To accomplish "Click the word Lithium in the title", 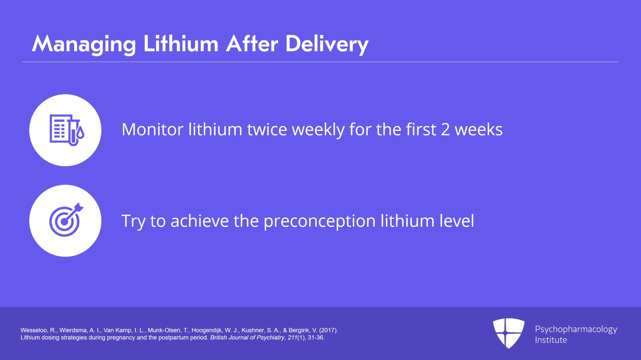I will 181,44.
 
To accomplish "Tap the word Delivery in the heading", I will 327,44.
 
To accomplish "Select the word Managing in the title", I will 84,44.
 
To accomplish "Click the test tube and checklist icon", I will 66,130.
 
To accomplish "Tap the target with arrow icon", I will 66,220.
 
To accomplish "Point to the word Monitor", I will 153,130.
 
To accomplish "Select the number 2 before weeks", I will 445,130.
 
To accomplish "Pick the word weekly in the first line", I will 318,130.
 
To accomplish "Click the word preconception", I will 320,221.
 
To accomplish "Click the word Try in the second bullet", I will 133,221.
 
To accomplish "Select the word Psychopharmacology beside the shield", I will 576,329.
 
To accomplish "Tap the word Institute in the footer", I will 551,340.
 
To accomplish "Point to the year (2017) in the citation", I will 329,330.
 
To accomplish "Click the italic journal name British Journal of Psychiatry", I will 247,338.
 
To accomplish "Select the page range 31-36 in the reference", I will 316,338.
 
